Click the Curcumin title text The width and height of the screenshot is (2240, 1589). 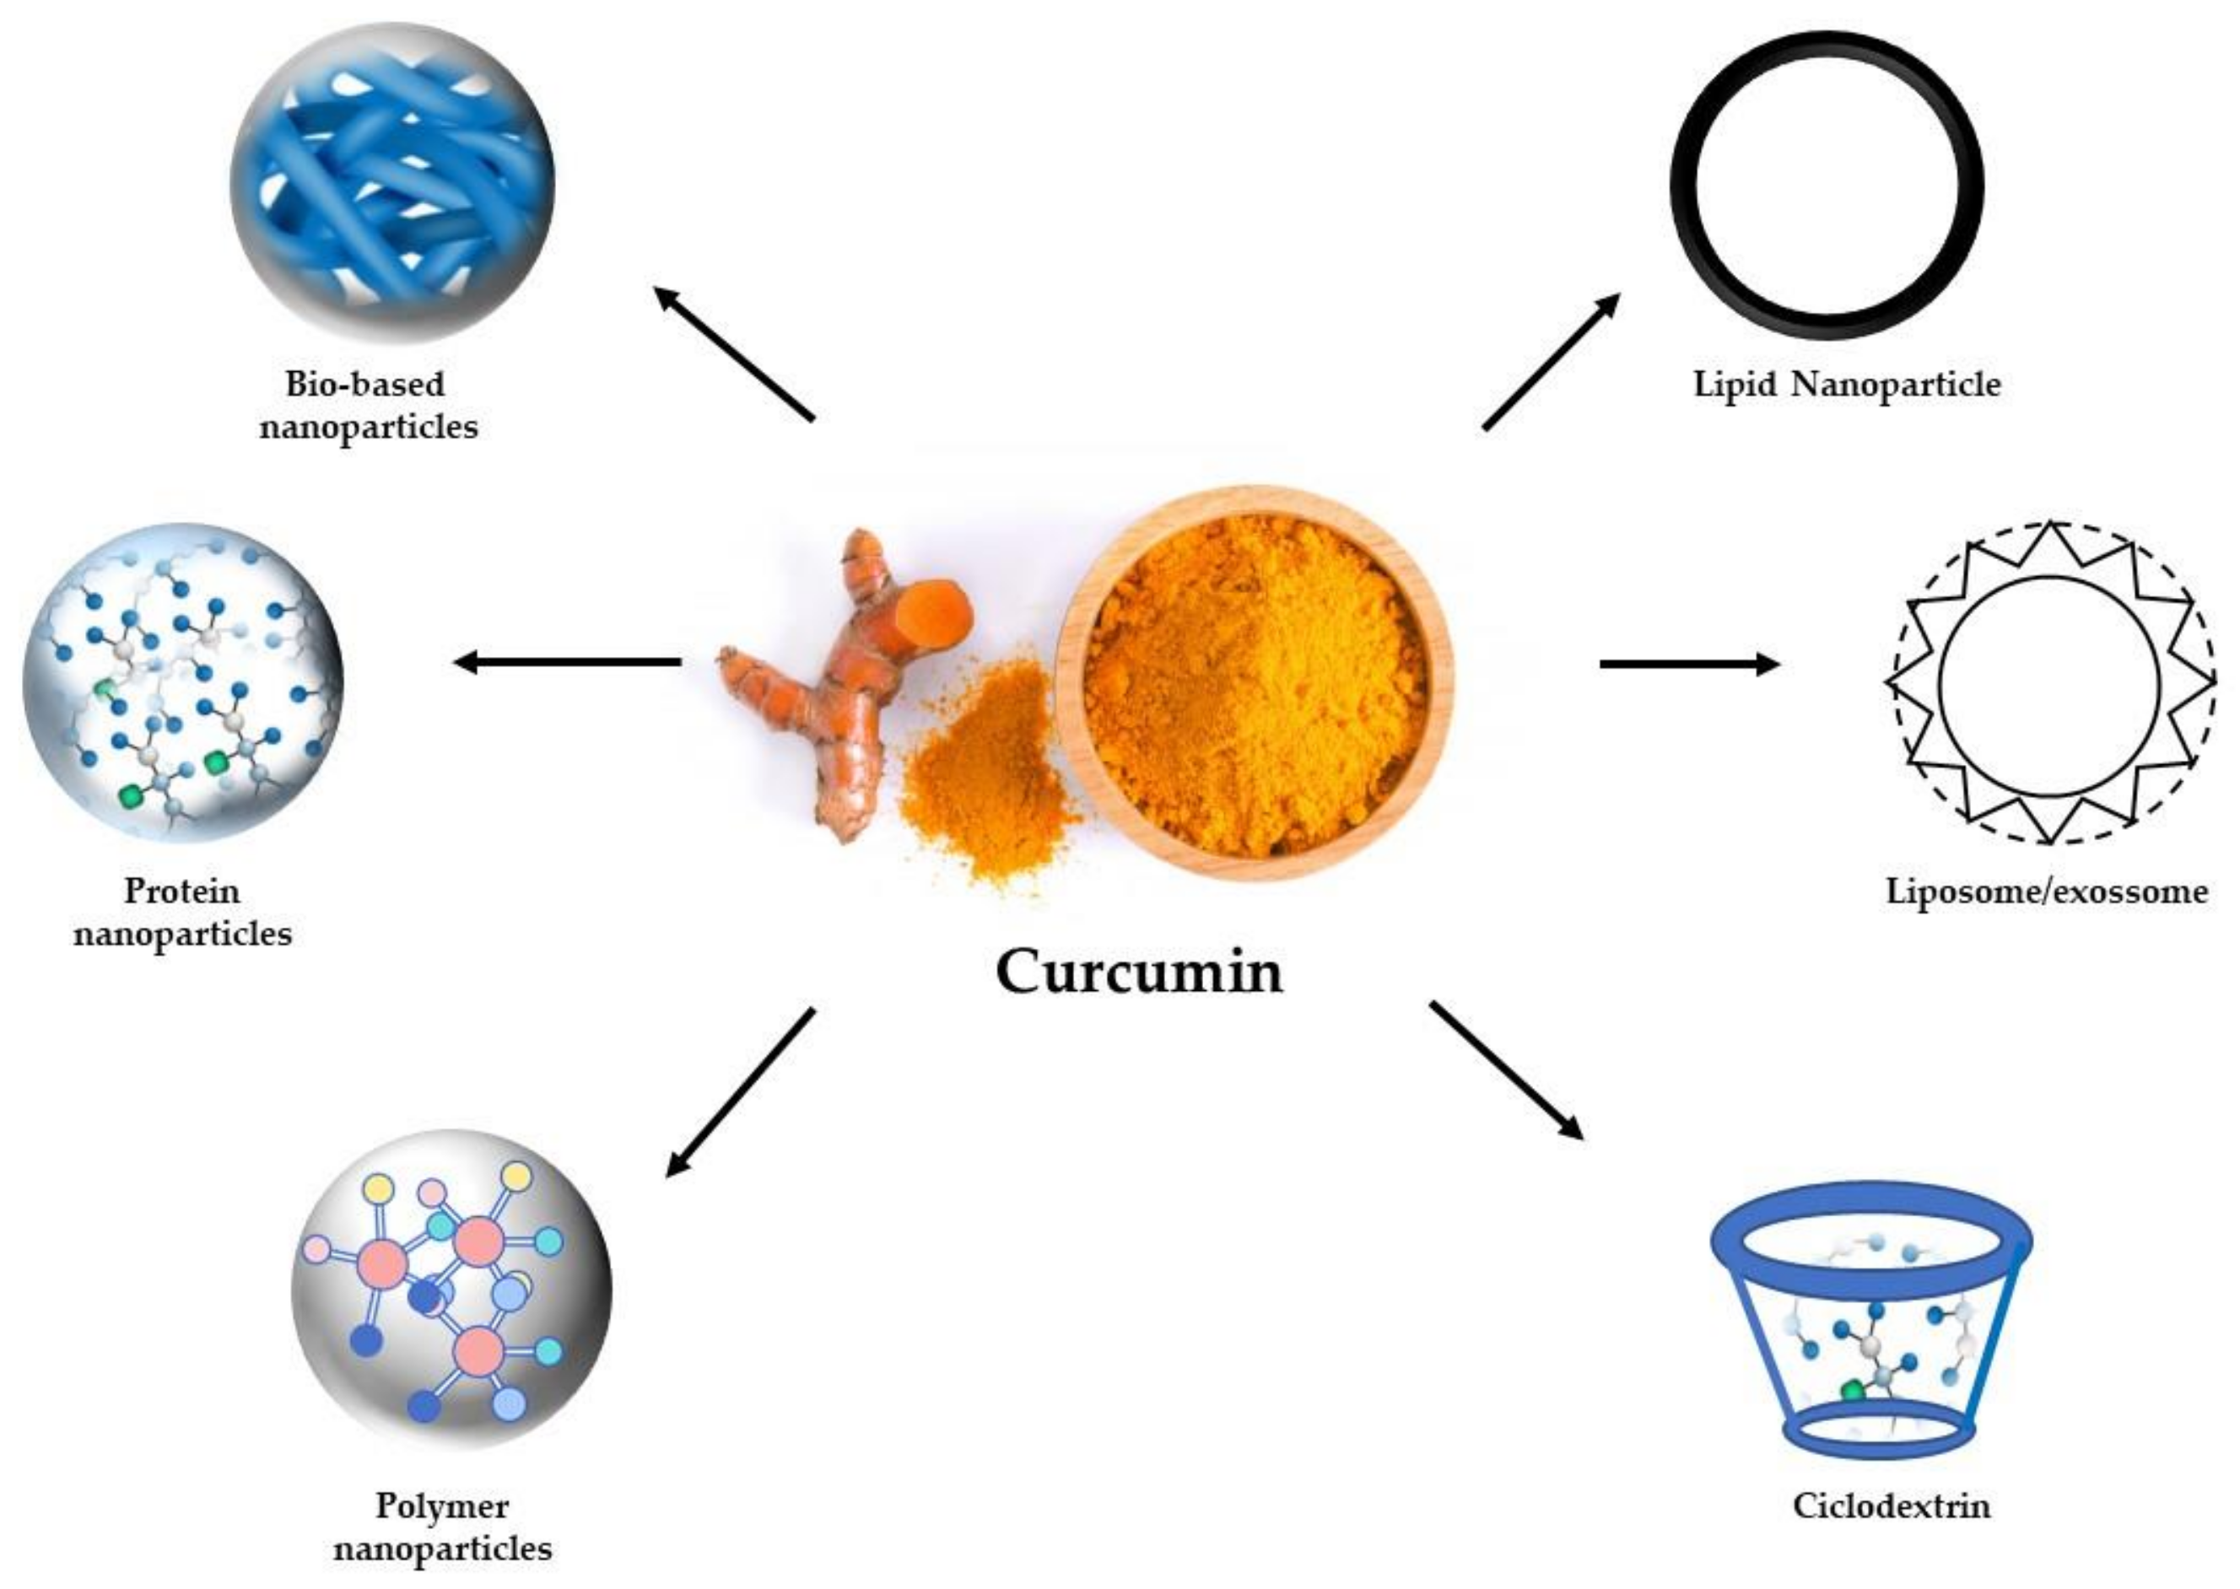click(x=1138, y=972)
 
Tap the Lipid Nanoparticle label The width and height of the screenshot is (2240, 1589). click(x=1847, y=385)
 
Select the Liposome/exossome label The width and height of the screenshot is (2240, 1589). click(x=2046, y=891)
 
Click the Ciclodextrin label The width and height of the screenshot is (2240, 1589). click(x=1891, y=1504)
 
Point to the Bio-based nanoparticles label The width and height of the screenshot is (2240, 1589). click(x=368, y=405)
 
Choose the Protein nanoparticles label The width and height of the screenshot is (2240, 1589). click(x=183, y=912)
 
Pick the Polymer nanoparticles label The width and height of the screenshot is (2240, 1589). click(x=442, y=1527)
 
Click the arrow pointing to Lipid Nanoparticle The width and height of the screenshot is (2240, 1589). click(x=1551, y=361)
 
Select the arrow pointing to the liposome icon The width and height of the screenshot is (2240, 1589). click(x=1688, y=665)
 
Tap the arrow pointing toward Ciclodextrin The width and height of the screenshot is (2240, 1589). click(x=1506, y=1070)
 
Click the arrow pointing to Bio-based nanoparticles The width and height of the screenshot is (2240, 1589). click(x=733, y=353)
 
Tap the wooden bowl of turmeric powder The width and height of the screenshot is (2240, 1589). click(x=1255, y=683)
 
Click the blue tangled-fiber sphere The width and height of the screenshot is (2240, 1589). click(x=391, y=184)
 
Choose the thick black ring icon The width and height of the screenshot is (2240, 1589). click(x=1826, y=185)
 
